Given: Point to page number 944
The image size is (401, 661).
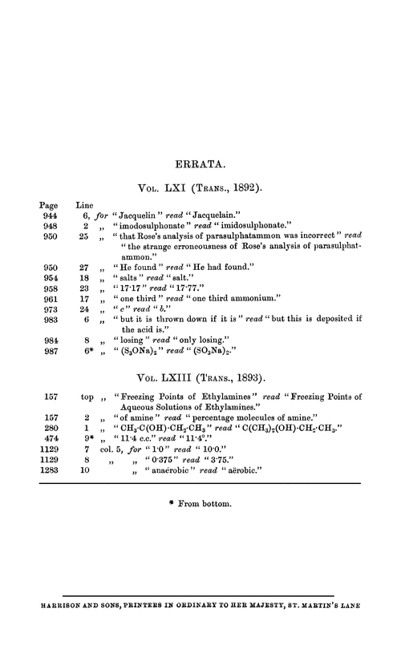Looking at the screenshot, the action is [x=50, y=216].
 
